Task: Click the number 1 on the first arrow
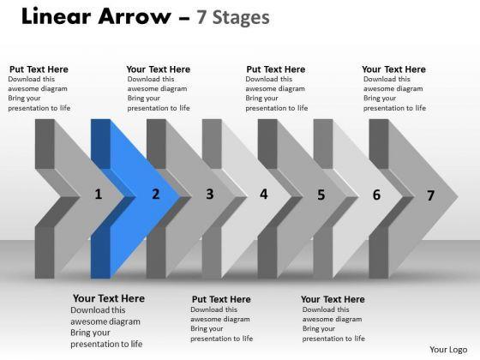click(99, 195)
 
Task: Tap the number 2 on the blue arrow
click(156, 194)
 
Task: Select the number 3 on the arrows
click(210, 194)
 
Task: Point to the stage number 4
click(264, 194)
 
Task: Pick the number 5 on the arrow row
click(321, 195)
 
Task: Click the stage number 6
click(376, 195)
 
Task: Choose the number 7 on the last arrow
click(430, 195)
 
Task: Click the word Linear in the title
click(57, 16)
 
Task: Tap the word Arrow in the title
click(135, 16)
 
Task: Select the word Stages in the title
click(241, 18)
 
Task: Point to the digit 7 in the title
click(201, 17)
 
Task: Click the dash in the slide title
click(183, 18)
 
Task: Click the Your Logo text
click(448, 350)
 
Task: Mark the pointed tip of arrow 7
click(458, 197)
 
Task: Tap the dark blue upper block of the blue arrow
click(101, 144)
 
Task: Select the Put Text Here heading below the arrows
click(221, 299)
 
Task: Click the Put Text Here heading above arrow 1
click(39, 69)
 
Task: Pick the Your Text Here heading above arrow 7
click(393, 69)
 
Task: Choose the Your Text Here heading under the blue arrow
click(109, 298)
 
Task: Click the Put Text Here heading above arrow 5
click(276, 69)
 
